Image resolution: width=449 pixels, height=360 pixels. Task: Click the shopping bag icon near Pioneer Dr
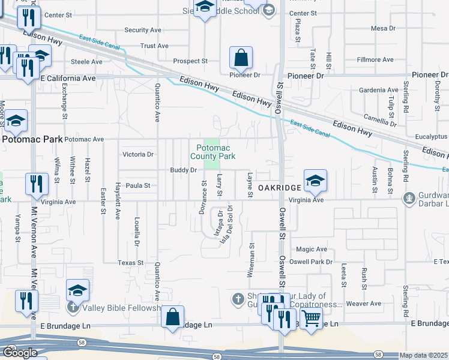click(x=241, y=59)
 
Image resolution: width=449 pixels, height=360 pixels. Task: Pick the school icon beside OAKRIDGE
click(x=315, y=181)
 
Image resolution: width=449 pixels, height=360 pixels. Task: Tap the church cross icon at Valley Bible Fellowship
click(x=73, y=308)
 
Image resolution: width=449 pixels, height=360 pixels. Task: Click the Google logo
click(x=19, y=353)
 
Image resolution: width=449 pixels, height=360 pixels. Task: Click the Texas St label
click(x=130, y=263)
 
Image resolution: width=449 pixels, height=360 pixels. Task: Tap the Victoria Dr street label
click(x=137, y=154)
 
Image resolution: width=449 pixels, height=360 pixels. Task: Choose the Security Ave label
click(x=143, y=30)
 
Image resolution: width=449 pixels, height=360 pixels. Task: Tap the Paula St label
click(x=138, y=186)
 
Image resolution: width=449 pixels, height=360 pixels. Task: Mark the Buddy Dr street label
click(x=184, y=170)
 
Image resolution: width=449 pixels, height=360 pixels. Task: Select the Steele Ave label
click(x=88, y=61)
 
